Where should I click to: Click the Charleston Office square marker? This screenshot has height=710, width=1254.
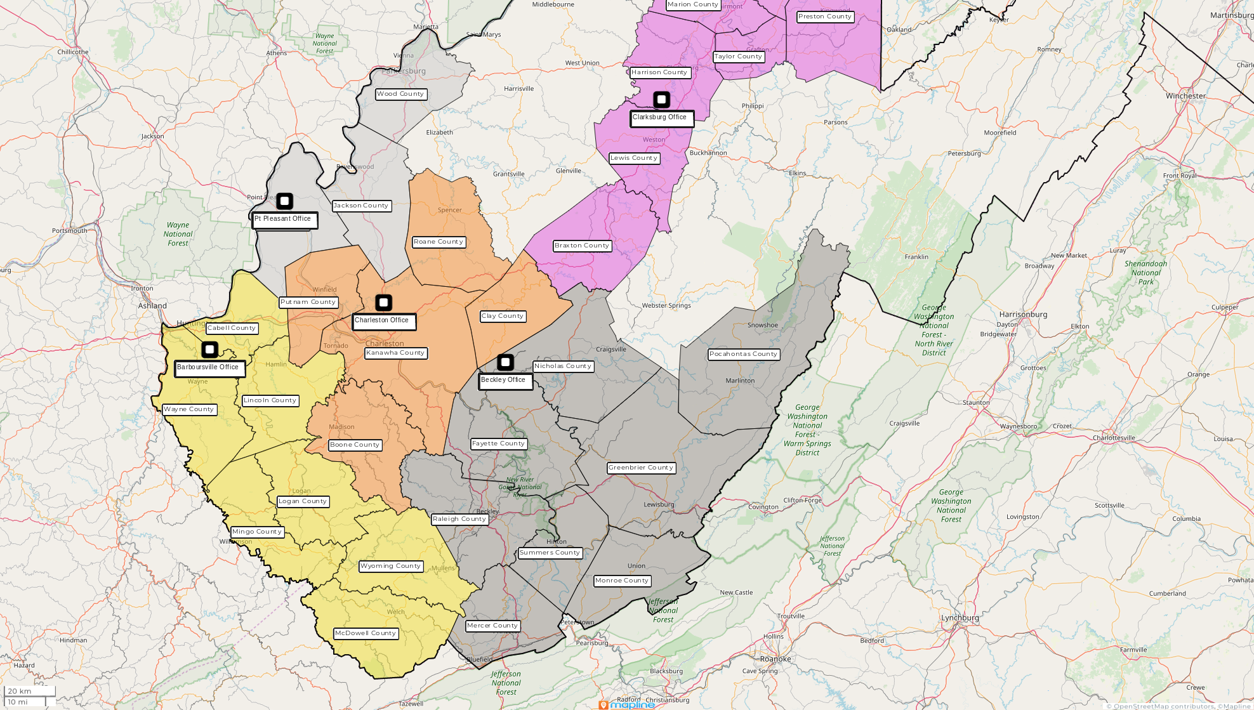pyautogui.click(x=383, y=303)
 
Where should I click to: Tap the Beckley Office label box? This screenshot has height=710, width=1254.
pyautogui.click(x=505, y=381)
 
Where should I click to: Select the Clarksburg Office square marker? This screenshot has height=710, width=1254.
pyautogui.click(x=661, y=100)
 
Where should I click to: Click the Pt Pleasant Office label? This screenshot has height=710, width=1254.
pyautogui.click(x=284, y=220)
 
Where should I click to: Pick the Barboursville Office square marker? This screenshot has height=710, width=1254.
pyautogui.click(x=209, y=350)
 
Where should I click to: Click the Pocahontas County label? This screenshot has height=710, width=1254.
pyautogui.click(x=743, y=354)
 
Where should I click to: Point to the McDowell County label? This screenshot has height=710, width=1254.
pyautogui.click(x=366, y=633)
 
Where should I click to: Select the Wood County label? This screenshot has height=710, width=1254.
pyautogui.click(x=400, y=94)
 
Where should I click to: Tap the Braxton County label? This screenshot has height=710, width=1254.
pyautogui.click(x=581, y=246)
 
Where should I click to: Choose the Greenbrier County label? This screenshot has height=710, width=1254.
pyautogui.click(x=641, y=468)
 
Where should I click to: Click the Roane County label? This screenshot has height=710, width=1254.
pyautogui.click(x=439, y=242)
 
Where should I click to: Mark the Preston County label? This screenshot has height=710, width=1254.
pyautogui.click(x=824, y=16)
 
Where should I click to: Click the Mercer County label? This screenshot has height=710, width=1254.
pyautogui.click(x=492, y=626)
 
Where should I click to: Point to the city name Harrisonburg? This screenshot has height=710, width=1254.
pyautogui.click(x=1023, y=315)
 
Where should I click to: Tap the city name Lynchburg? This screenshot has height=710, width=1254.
pyautogui.click(x=960, y=618)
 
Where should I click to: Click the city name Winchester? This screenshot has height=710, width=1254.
pyautogui.click(x=1185, y=96)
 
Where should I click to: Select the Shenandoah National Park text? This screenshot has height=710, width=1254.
pyautogui.click(x=1145, y=273)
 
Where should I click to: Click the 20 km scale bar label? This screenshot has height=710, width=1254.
pyautogui.click(x=20, y=691)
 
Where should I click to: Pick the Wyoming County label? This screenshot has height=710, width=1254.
pyautogui.click(x=390, y=566)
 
